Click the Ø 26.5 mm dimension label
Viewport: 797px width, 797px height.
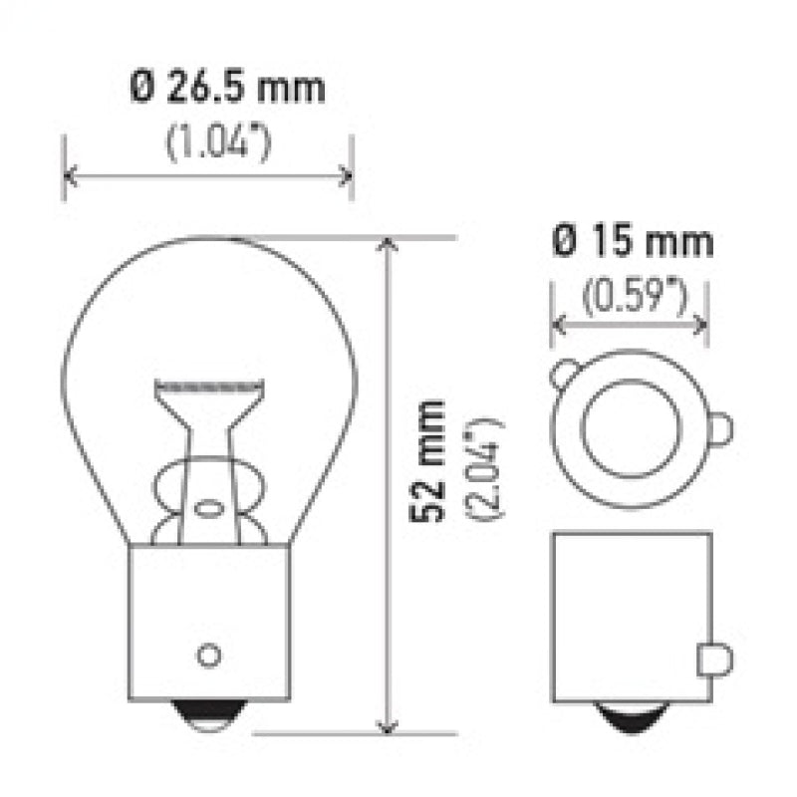[x=227, y=89]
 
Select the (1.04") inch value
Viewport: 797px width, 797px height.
[x=219, y=143]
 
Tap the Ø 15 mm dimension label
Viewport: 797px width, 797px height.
[x=631, y=242]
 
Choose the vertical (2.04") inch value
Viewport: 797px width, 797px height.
[x=489, y=468]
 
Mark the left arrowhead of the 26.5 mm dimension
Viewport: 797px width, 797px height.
[x=69, y=176]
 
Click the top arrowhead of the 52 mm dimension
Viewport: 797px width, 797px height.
[x=387, y=244]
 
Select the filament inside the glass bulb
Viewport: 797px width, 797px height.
[x=210, y=384]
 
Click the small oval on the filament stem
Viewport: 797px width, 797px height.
[x=208, y=508]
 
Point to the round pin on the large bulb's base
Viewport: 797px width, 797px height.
[x=208, y=655]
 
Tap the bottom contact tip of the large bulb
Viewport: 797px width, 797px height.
[x=208, y=714]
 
